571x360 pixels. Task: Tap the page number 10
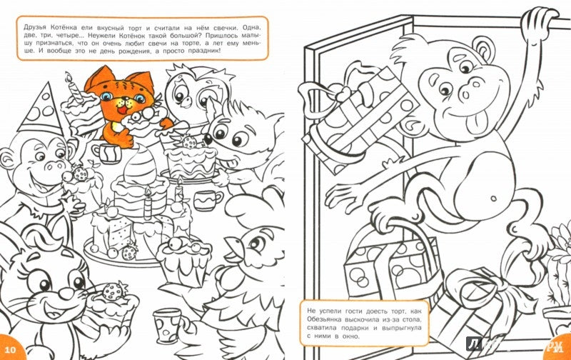point(11,349)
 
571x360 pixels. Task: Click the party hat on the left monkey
point(40,110)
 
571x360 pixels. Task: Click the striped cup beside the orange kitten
point(106,153)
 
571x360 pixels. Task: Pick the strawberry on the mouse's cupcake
point(111,292)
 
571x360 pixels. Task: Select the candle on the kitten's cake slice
point(74,87)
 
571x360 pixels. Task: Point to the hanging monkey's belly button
point(493,199)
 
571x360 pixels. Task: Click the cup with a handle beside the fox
point(208,200)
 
